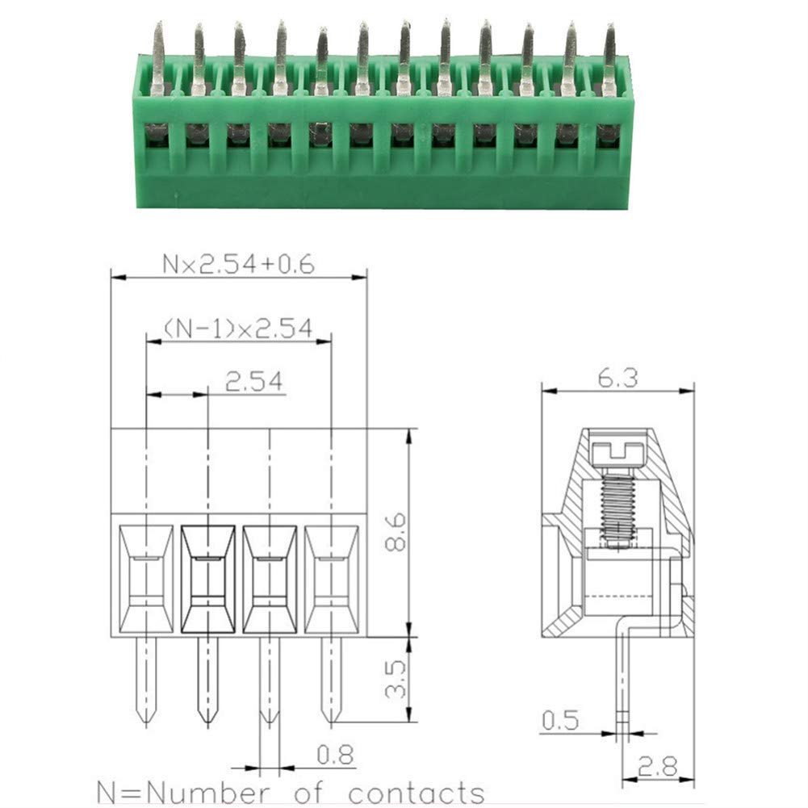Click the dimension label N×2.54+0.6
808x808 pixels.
click(x=238, y=264)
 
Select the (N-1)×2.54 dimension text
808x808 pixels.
click(x=238, y=329)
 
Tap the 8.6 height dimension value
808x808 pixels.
click(x=396, y=532)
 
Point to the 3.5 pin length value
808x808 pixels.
click(x=396, y=679)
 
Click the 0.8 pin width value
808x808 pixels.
click(x=335, y=755)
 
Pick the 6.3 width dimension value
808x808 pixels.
click(x=618, y=378)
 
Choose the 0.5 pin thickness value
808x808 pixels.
click(x=561, y=720)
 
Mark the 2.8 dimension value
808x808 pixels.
click(x=658, y=767)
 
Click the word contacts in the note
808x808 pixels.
click(x=417, y=793)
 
